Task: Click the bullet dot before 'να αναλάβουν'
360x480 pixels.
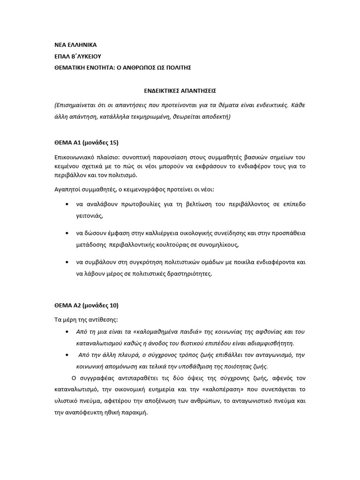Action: (69, 205)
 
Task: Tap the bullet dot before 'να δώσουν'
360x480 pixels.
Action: (69, 233)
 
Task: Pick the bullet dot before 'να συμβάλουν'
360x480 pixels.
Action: (69, 262)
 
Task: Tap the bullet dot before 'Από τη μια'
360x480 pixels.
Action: (69, 332)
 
